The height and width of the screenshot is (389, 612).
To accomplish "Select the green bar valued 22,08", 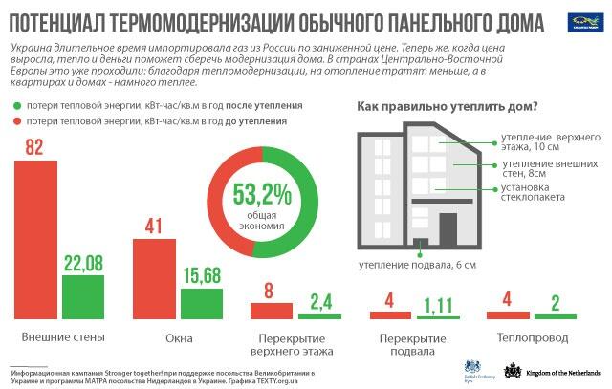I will tap(83, 296).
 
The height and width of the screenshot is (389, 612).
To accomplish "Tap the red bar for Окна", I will tap(153, 278).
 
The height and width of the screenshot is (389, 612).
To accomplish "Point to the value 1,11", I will tap(439, 305).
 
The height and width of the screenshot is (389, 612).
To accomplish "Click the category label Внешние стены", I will tap(62, 337).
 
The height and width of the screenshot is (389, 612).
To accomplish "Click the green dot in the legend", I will tap(17, 105).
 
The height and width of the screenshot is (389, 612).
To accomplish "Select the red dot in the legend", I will tap(17, 122).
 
